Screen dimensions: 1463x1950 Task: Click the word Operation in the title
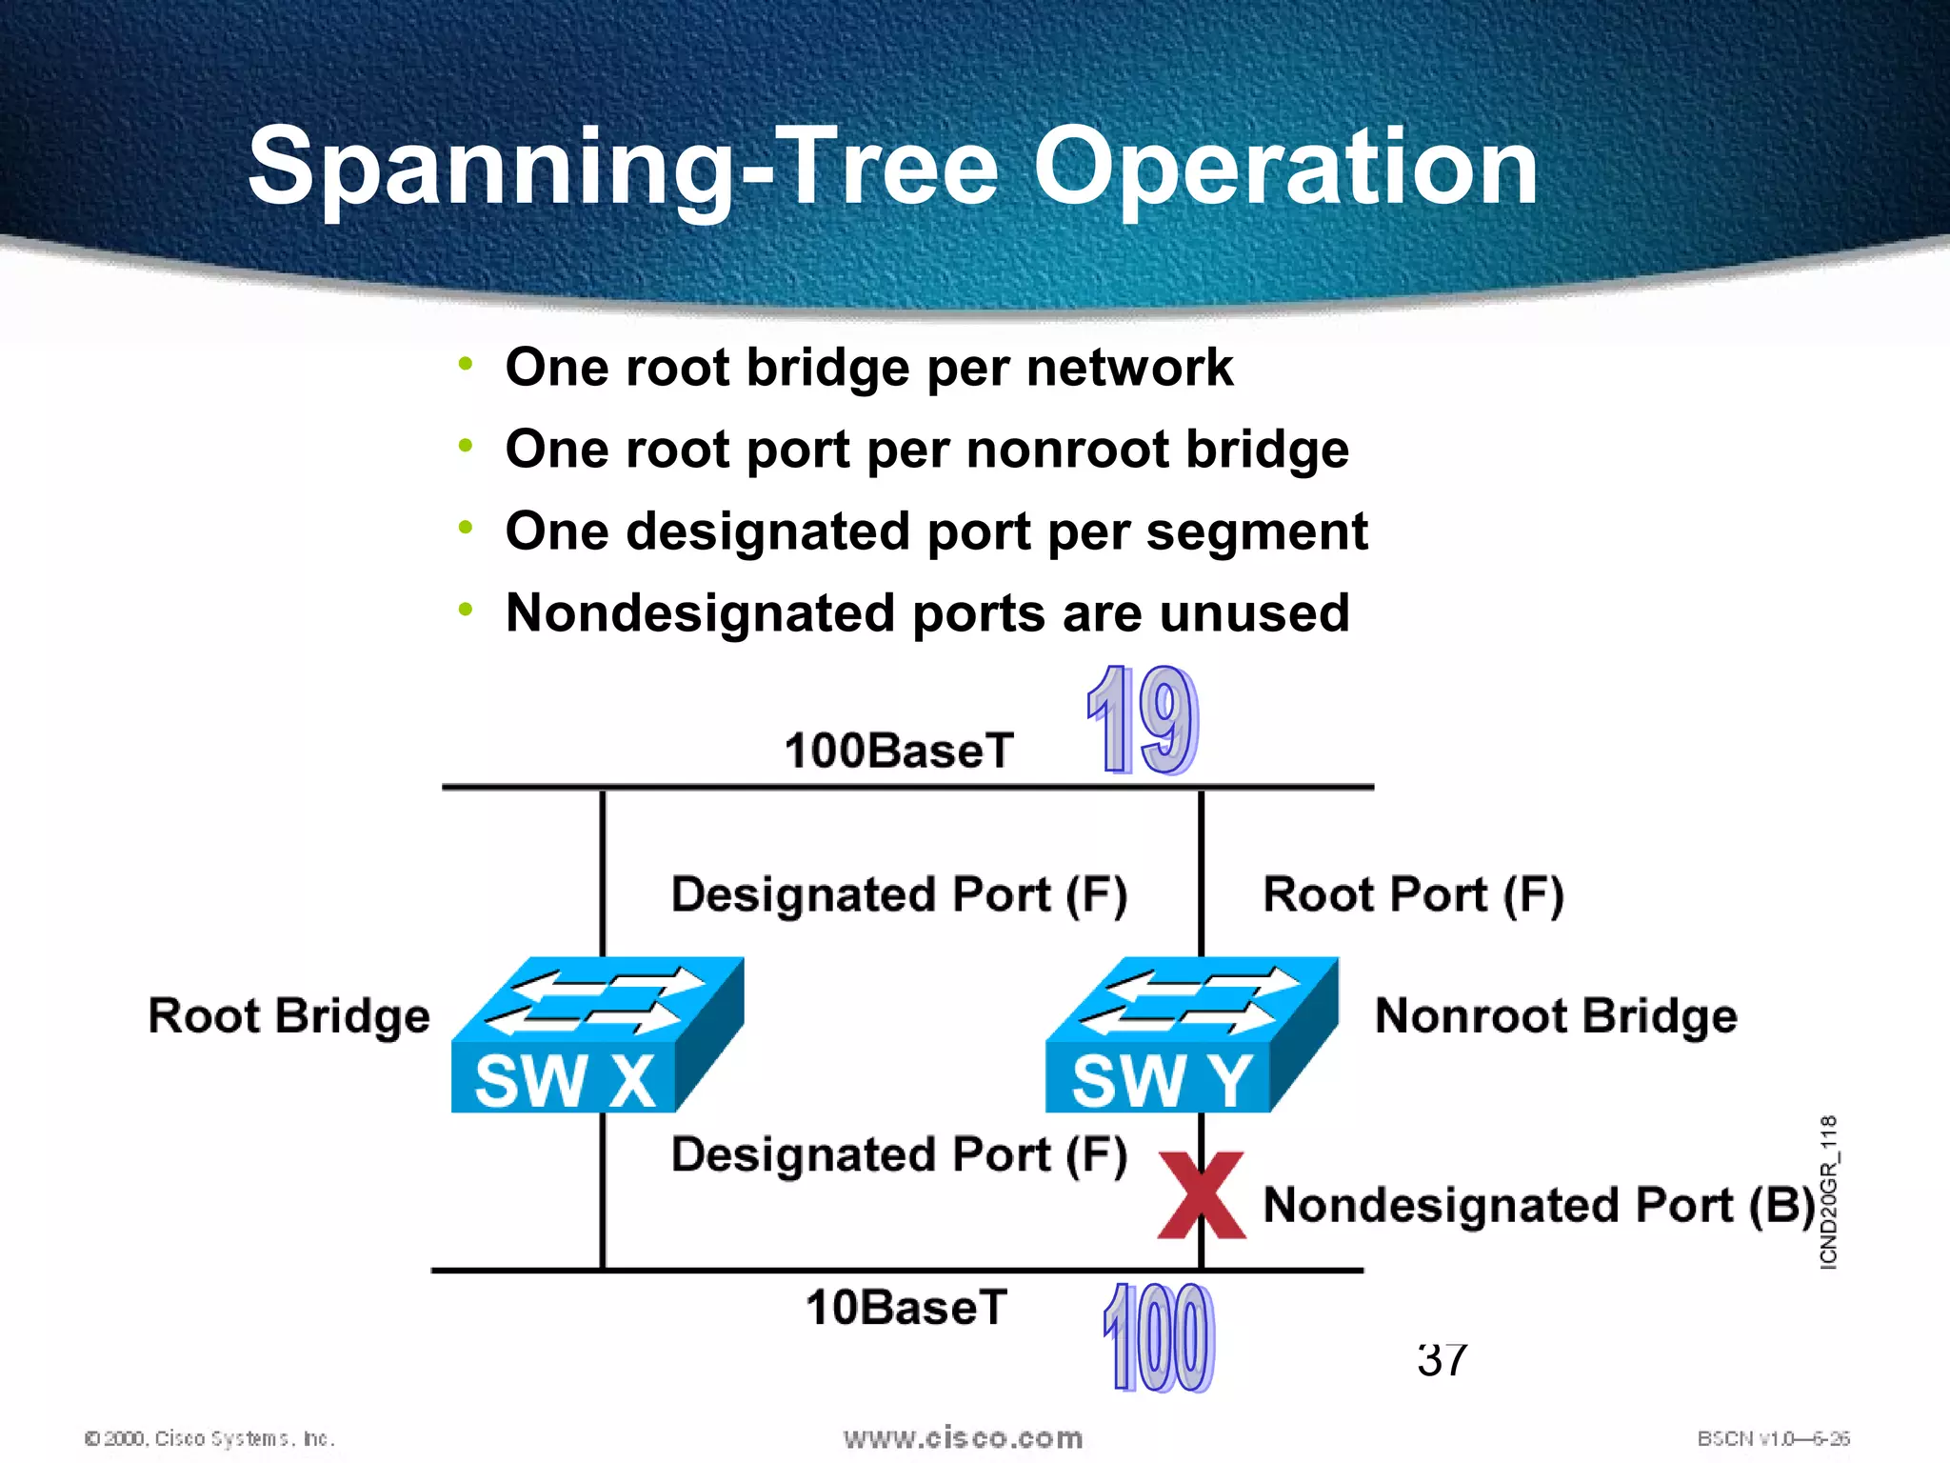tap(1285, 168)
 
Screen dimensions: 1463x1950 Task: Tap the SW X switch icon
tap(597, 1035)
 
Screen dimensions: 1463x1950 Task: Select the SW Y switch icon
tap(1191, 1035)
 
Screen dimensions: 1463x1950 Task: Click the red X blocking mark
tap(1202, 1195)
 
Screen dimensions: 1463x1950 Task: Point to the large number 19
tap(1142, 720)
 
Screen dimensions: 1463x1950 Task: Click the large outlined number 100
tap(1159, 1337)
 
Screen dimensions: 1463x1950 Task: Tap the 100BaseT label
tap(899, 751)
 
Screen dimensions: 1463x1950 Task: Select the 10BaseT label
tap(905, 1307)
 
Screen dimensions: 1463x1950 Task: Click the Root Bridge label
tap(289, 1015)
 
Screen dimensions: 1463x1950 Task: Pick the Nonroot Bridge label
tap(1556, 1015)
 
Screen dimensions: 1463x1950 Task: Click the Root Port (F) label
tap(1413, 895)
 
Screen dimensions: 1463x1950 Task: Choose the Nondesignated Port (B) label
tap(1539, 1205)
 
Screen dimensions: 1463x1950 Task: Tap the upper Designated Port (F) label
tap(899, 895)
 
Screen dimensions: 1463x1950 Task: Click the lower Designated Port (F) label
tap(899, 1154)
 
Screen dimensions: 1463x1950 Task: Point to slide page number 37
tap(1442, 1360)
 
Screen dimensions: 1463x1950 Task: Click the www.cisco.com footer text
tap(963, 1437)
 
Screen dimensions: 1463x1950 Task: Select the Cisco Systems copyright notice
tap(209, 1438)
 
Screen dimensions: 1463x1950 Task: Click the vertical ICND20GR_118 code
tap(1828, 1192)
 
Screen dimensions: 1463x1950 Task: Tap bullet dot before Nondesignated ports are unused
tap(465, 610)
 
